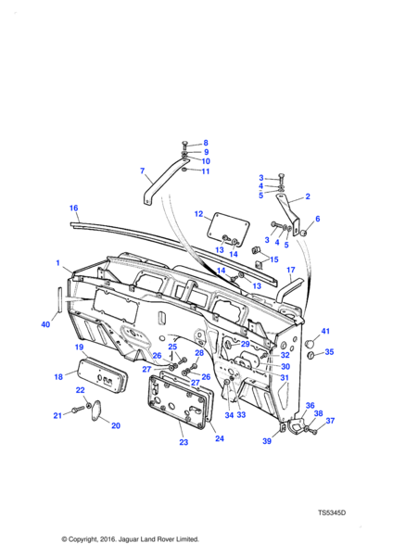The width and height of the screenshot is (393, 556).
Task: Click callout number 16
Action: [73, 208]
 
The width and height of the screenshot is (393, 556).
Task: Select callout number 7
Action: [142, 171]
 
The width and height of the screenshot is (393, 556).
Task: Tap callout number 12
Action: [198, 214]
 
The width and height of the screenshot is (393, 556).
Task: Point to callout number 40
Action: [45, 324]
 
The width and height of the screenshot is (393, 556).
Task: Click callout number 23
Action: [184, 442]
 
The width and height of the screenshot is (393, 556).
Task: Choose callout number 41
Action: [325, 331]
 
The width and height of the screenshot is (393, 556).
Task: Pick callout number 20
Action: [116, 425]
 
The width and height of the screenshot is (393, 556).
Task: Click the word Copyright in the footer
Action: [86, 539]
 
